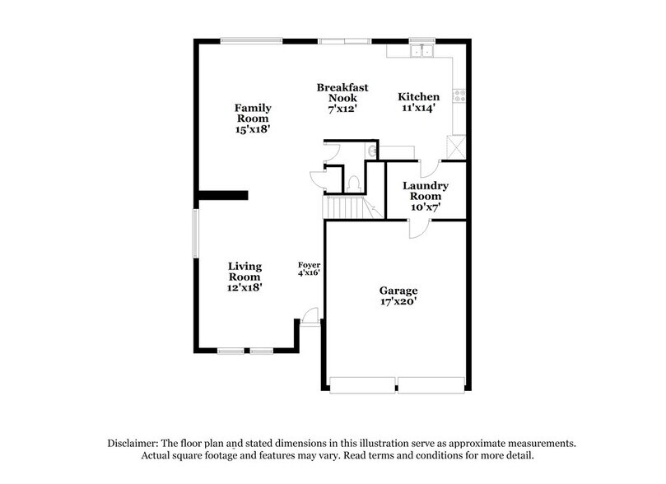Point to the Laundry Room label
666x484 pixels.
pos(426,196)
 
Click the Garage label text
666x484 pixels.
pos(398,291)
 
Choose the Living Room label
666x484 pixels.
pos(245,271)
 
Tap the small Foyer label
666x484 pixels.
pos(309,265)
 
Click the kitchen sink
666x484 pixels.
pos(422,51)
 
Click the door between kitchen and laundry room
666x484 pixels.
pos(428,166)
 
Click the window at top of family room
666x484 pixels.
pos(251,40)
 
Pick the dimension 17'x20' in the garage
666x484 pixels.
pos(398,302)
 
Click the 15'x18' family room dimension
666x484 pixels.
pos(253,129)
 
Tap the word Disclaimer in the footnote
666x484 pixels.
pos(135,443)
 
